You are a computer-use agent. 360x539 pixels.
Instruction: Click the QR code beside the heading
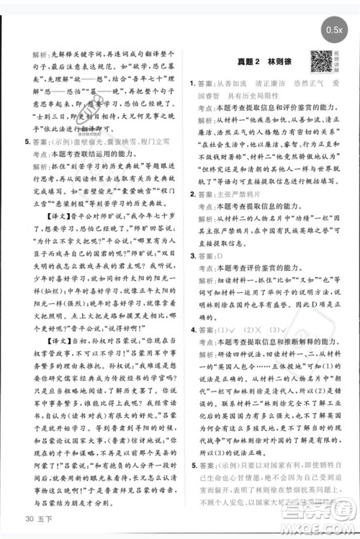[x=320, y=61]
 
